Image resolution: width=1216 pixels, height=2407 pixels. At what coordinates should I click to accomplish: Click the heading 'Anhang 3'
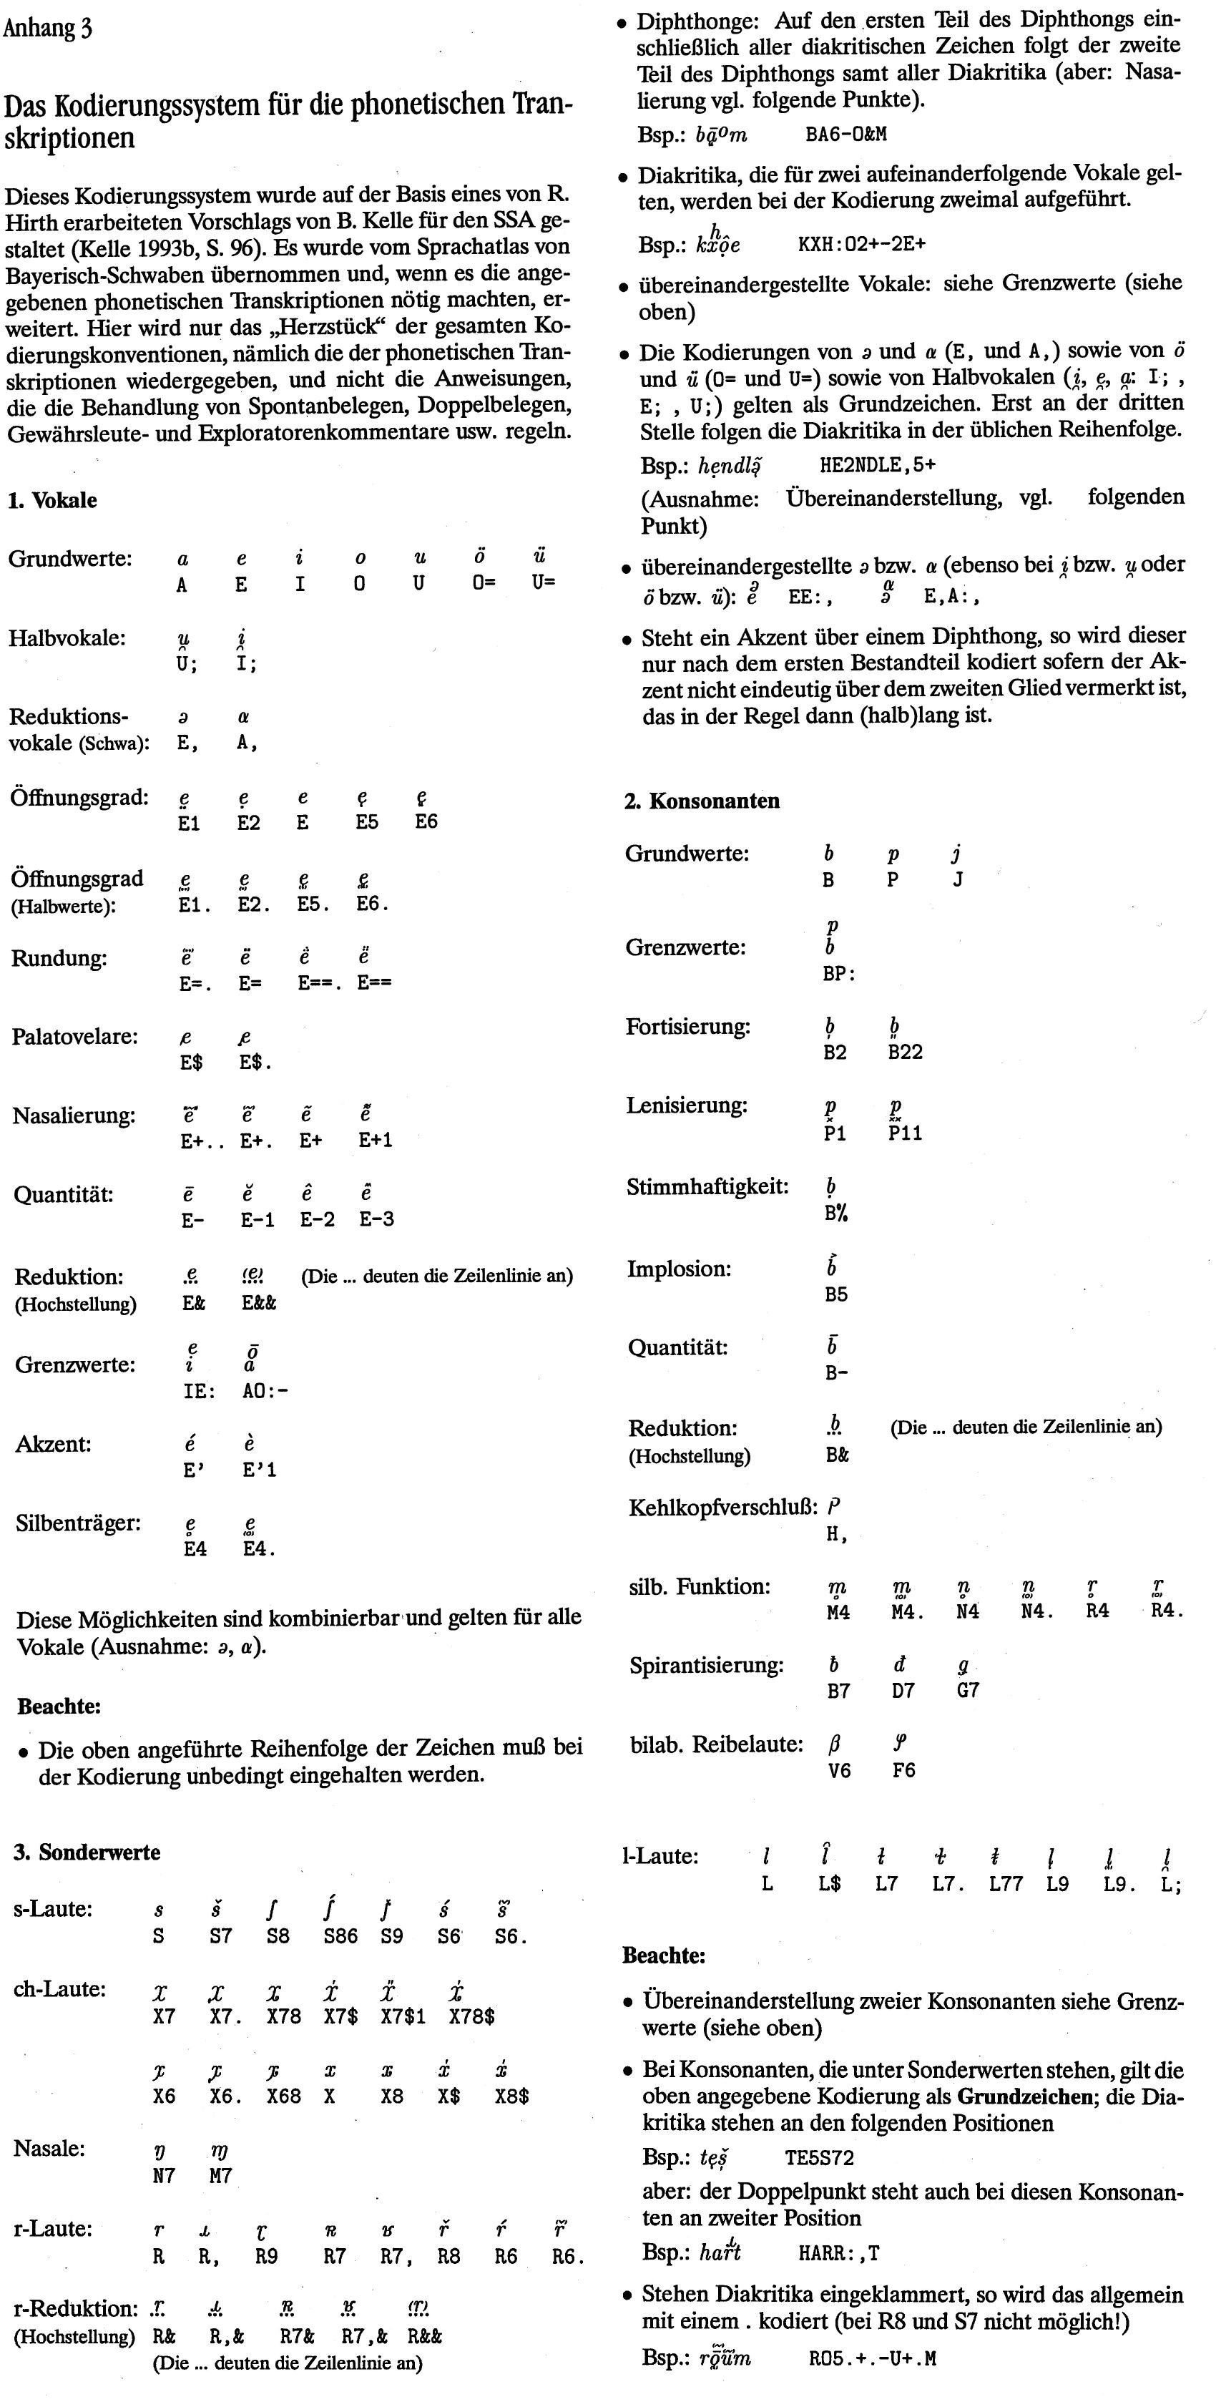(48, 28)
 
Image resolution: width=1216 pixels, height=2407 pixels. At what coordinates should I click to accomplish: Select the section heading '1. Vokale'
(52, 500)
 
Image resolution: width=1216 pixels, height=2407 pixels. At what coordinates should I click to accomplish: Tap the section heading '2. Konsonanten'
(702, 801)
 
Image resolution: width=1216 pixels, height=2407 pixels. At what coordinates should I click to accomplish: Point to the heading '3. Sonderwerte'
(87, 1852)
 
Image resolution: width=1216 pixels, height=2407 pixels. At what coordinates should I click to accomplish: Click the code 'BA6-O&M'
(846, 135)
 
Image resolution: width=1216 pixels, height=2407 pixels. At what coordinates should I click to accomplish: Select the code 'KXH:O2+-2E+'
(862, 245)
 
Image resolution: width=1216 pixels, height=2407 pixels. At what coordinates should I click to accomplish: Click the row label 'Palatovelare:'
(74, 1037)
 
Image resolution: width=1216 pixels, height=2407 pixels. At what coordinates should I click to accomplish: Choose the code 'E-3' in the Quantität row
(376, 1219)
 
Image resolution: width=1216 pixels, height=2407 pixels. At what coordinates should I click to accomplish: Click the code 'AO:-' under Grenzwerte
(265, 1390)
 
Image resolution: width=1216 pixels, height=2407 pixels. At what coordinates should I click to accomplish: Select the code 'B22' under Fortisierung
(905, 1052)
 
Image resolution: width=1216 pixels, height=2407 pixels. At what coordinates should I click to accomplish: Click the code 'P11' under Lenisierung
(905, 1133)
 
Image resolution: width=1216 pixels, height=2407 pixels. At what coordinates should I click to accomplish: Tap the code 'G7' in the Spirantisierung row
(968, 1689)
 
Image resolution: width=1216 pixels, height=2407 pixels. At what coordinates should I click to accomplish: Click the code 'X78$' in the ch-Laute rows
(471, 2016)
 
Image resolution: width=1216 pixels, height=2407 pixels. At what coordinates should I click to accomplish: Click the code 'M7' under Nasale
(220, 2176)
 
